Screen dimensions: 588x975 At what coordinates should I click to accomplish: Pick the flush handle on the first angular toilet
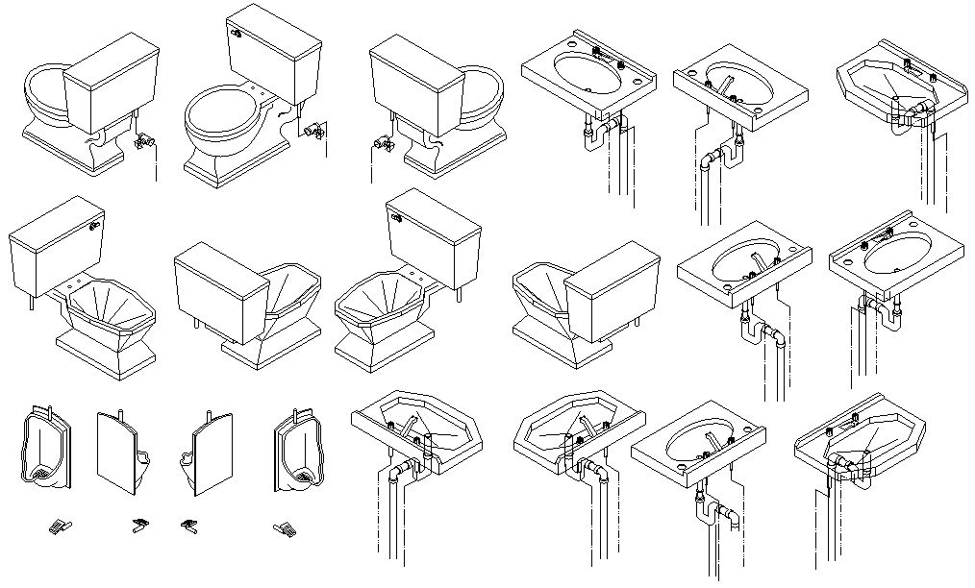tap(95, 228)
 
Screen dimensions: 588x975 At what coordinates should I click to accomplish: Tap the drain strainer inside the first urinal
tap(43, 472)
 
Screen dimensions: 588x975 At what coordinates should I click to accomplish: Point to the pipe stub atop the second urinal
tap(122, 416)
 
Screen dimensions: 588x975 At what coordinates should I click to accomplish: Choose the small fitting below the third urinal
tap(188, 526)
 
